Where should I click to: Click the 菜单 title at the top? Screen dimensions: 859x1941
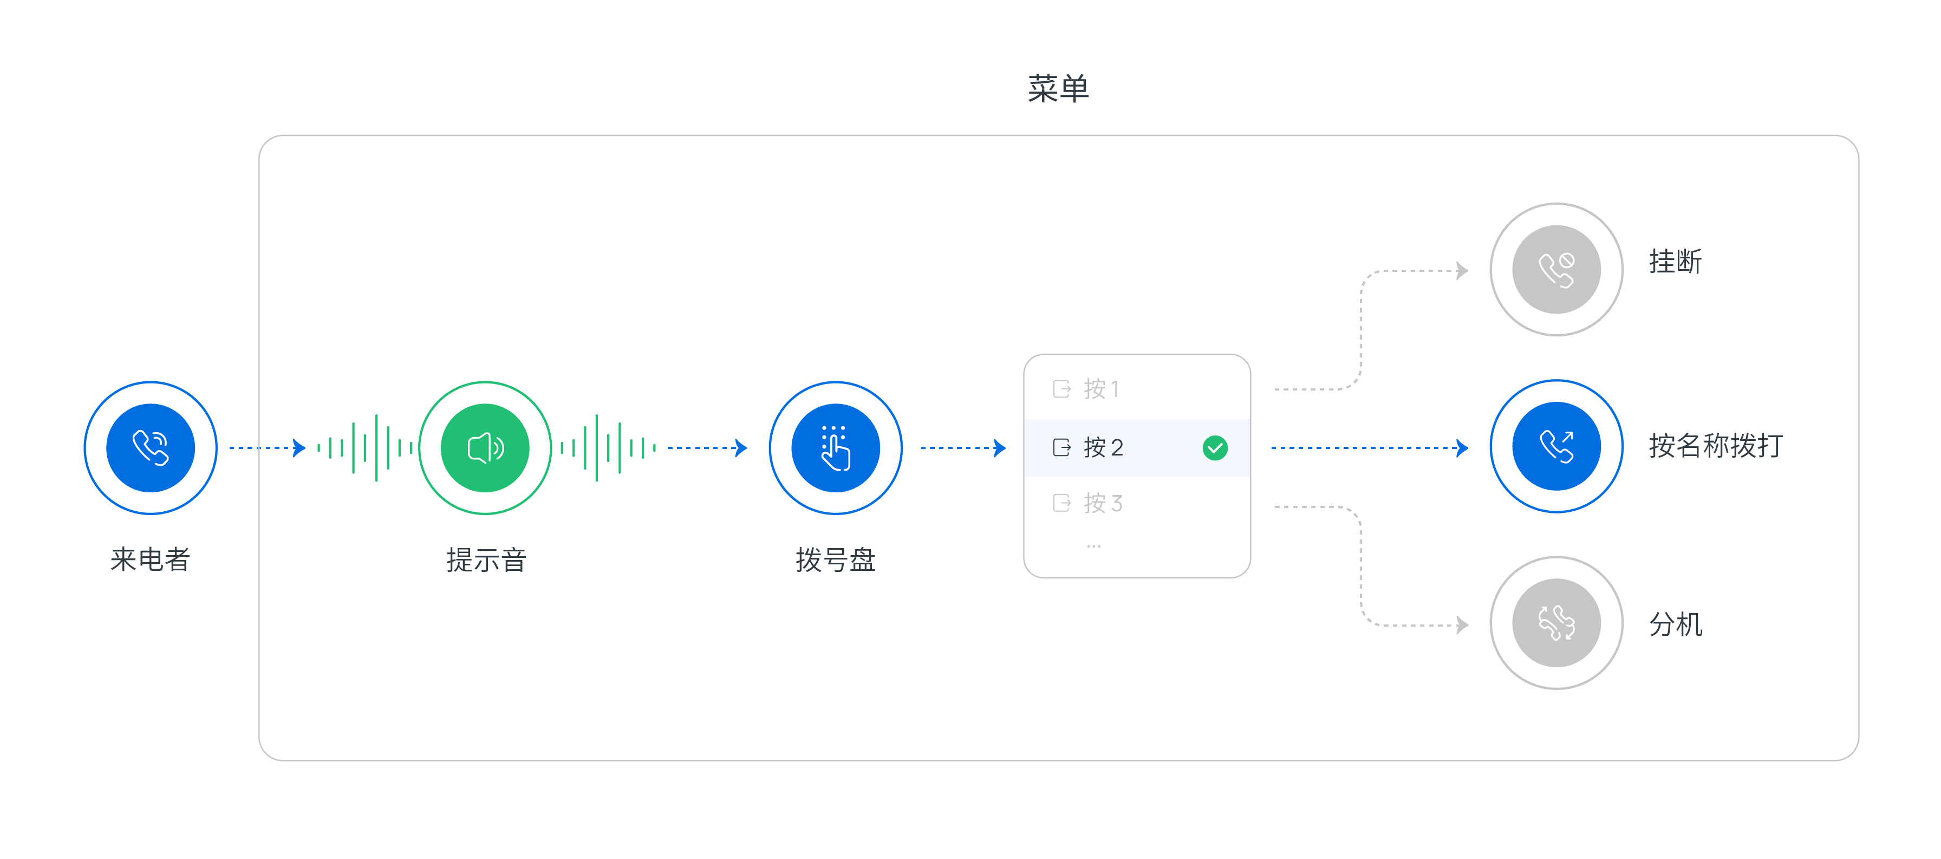click(x=1058, y=89)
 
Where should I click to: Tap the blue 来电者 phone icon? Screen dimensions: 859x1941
click(x=151, y=447)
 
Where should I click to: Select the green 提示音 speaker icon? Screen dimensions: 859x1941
click(x=485, y=447)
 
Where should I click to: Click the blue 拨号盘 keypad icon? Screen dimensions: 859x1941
click(x=836, y=447)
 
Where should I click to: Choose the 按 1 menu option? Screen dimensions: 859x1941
click(x=1102, y=389)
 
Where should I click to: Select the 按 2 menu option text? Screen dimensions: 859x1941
click(x=1103, y=447)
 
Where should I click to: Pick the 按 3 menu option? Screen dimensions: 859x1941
click(x=1103, y=503)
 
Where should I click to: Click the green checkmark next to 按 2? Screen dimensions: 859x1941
click(x=1215, y=447)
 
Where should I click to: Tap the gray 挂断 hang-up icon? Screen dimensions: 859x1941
click(x=1556, y=270)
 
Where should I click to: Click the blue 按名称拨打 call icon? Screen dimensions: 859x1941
click(x=1556, y=446)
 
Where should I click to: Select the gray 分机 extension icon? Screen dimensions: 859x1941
click(x=1556, y=623)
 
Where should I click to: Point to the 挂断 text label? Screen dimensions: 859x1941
click(x=1675, y=262)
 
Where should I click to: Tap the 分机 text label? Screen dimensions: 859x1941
click(x=1675, y=624)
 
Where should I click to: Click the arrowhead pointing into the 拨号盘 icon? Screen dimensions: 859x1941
click(x=741, y=447)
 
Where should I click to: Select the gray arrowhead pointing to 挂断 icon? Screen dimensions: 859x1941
click(x=1463, y=270)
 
